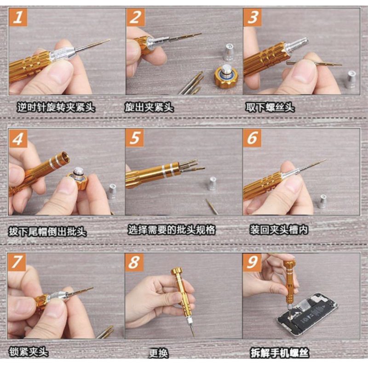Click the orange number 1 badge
click(x=18, y=18)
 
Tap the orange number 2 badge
click(x=135, y=18)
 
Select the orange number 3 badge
click(x=253, y=18)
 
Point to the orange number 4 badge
click(x=18, y=139)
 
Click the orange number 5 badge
click(x=135, y=139)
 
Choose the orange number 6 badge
click(x=253, y=139)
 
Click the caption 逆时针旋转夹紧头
click(x=56, y=108)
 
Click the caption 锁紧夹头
click(x=28, y=353)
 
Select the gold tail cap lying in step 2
click(x=225, y=76)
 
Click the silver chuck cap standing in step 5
click(x=212, y=183)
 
